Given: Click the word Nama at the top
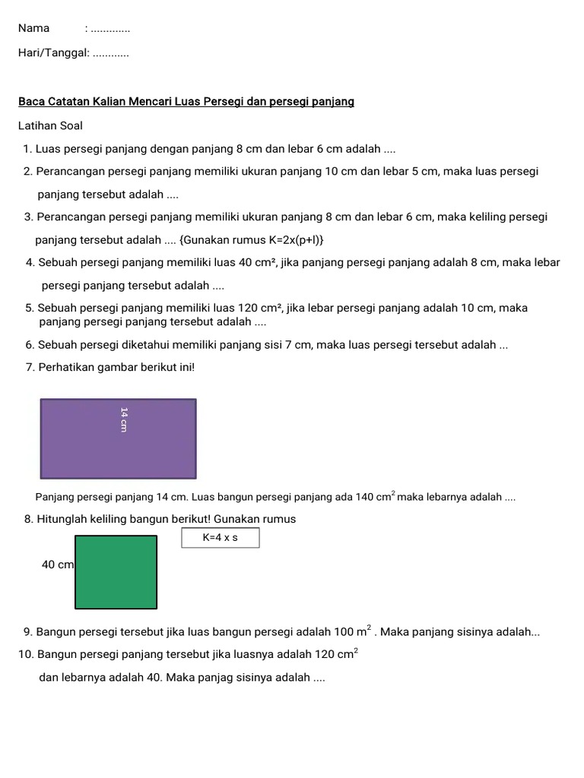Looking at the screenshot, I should (x=34, y=28).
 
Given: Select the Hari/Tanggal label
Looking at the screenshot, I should (x=54, y=53).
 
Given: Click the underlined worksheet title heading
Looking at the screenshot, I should (x=186, y=101).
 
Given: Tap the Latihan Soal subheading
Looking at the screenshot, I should (x=50, y=125).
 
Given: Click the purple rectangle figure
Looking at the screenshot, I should (x=118, y=438).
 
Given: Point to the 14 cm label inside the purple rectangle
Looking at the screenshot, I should (x=124, y=419).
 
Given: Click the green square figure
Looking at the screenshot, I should (x=116, y=572).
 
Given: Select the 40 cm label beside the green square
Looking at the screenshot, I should (x=58, y=565).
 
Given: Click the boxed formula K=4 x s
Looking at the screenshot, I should (x=221, y=538).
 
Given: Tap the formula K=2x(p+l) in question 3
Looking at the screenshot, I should (x=252, y=240).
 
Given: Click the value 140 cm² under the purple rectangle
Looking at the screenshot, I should (x=375, y=497).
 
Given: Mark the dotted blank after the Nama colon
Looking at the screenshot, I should (x=109, y=29).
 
